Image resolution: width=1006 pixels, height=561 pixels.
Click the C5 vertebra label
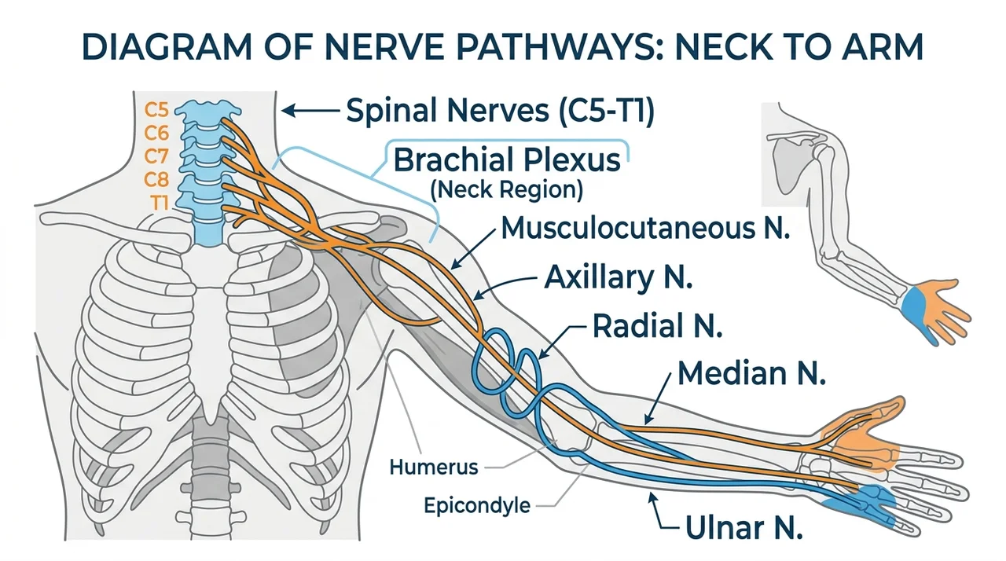point(156,110)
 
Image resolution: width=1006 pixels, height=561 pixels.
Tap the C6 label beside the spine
point(156,134)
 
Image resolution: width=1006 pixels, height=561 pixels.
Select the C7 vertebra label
point(156,156)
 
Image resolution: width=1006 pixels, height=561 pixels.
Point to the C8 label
point(156,180)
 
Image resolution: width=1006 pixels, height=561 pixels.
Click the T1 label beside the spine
point(160,203)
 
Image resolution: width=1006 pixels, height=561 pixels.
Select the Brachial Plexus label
point(507,160)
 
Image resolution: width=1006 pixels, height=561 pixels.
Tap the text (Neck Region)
point(507,190)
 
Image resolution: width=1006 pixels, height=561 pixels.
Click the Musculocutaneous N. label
point(645,229)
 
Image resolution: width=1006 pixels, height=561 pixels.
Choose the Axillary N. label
point(618,277)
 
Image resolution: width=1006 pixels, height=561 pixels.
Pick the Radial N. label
point(657,326)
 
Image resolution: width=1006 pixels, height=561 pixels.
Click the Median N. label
point(751,373)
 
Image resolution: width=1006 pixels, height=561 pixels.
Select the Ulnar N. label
point(743,528)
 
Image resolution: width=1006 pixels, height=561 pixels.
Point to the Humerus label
point(434,467)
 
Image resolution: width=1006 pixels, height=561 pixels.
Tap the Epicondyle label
point(477,506)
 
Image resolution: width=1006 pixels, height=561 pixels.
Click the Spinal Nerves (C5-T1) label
point(501,111)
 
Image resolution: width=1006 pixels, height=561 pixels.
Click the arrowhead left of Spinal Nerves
point(288,111)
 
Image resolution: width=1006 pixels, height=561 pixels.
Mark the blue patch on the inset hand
point(914,310)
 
